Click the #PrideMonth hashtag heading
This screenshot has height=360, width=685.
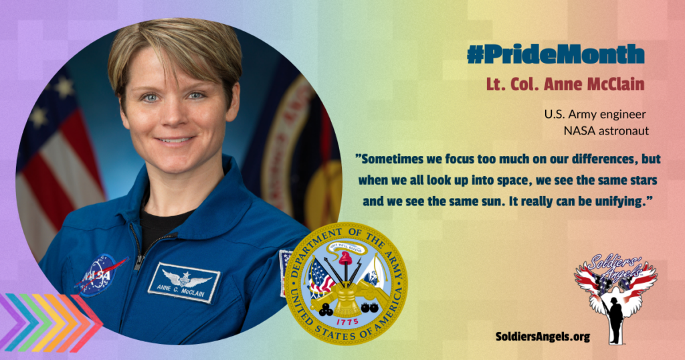coord(556,55)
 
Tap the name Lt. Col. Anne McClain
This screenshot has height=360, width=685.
coord(565,84)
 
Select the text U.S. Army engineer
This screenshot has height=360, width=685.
coord(595,115)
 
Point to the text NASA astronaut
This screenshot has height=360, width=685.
coord(606,130)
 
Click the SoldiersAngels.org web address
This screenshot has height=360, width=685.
coord(543,337)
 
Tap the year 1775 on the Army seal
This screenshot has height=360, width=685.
coord(347,322)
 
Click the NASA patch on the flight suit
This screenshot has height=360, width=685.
coord(99,275)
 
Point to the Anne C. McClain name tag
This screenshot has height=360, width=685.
coord(184,282)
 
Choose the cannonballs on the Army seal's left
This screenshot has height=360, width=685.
coord(325,310)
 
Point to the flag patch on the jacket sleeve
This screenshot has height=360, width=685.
coord(284,272)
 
